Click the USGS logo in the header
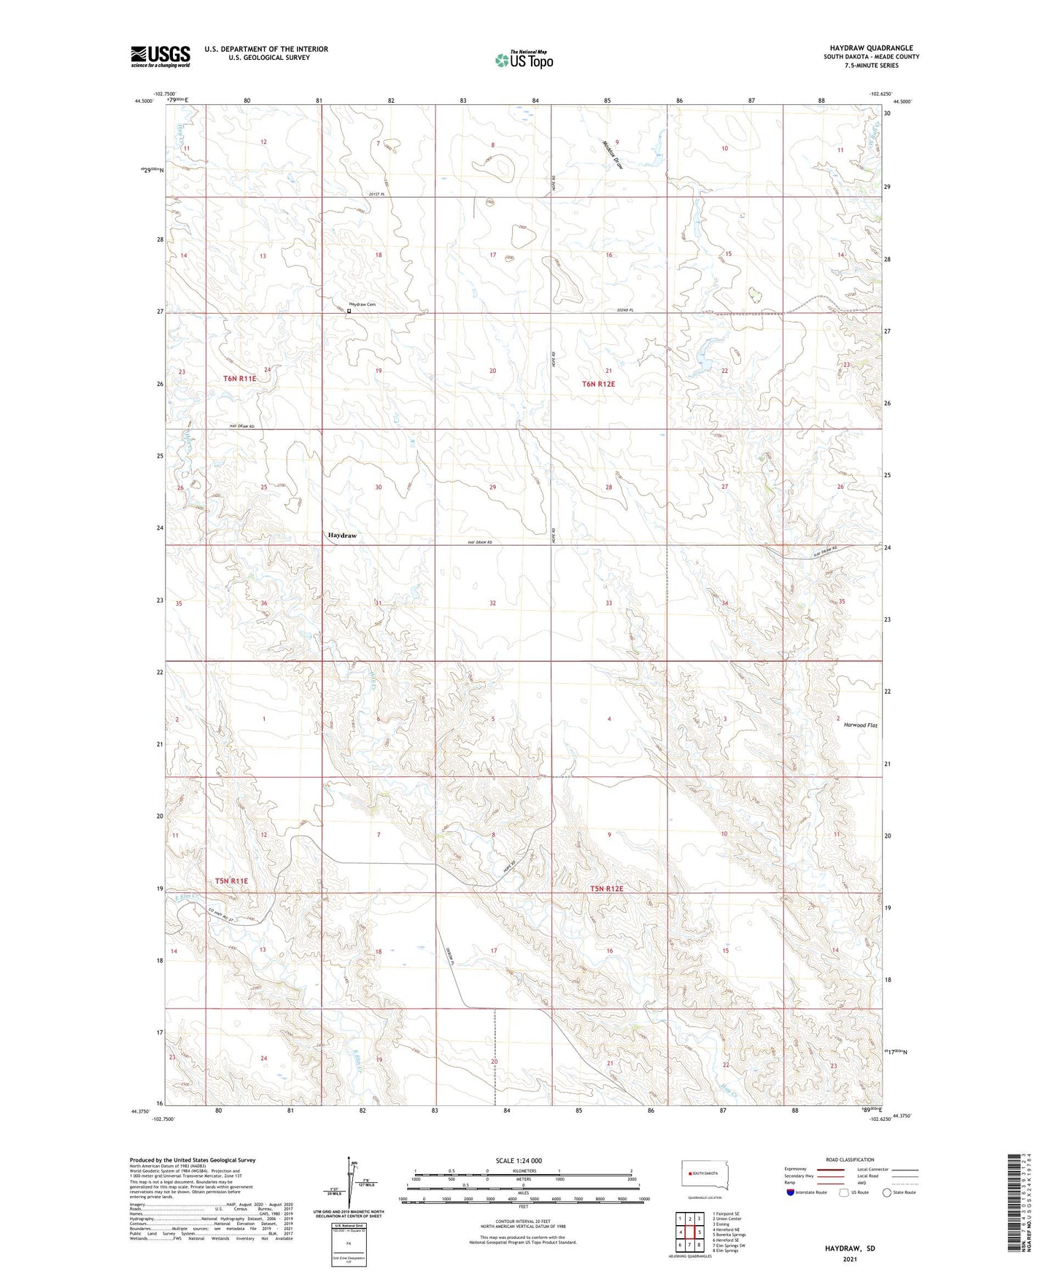tap(160, 56)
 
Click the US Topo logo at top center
tap(524, 59)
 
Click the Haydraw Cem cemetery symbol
tap(349, 311)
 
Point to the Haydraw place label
tap(342, 536)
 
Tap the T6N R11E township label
tap(240, 379)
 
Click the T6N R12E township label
tap(598, 384)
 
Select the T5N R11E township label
tap(231, 881)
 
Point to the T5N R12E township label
tap(607, 889)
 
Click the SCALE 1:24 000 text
tap(518, 1160)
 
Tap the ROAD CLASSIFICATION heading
tap(850, 1159)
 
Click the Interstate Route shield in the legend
tap(791, 1192)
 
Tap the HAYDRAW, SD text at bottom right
tap(850, 1248)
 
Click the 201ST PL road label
tap(376, 194)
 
